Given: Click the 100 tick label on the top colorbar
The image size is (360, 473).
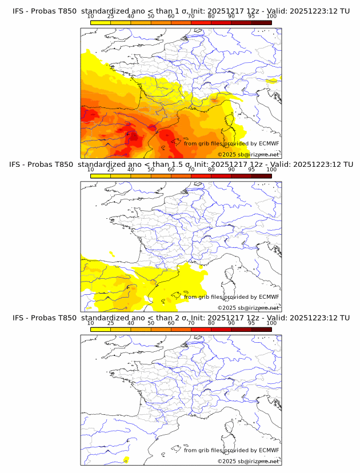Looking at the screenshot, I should coord(271,16).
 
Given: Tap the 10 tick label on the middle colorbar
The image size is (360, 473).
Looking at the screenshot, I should coord(91,170).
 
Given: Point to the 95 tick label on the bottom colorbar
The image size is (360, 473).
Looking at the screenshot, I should coord(251,323).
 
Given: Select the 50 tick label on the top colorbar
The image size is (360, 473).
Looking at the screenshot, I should coord(151,16).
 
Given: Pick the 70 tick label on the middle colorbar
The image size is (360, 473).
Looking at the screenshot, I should coord(191,170).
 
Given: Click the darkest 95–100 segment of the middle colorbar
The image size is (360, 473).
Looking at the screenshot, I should coord(261,176).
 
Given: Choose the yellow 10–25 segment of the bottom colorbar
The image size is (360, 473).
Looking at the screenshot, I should coord(101,329).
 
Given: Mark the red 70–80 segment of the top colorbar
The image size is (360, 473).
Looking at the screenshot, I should coord(201,22).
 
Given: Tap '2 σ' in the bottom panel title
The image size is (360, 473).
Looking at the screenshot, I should coord(182,318).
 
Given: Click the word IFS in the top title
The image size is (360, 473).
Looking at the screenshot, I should coord(18,11).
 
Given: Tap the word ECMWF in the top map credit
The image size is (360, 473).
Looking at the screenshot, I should coord(269,143).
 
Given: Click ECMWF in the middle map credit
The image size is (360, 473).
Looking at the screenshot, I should coord(269,296).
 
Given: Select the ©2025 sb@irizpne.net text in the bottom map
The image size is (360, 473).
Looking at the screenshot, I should coord(248,461).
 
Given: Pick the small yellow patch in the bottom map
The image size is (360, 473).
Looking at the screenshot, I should coord(126,459).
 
